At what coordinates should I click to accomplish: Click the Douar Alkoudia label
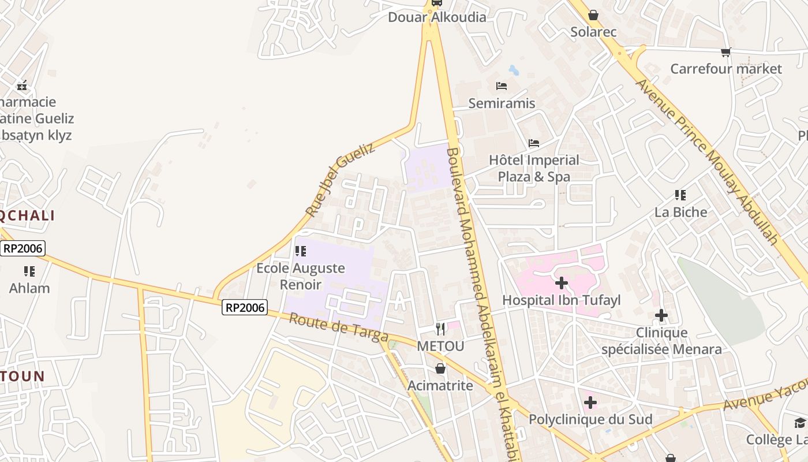click(x=437, y=17)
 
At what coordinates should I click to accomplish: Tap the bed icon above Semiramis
click(x=502, y=86)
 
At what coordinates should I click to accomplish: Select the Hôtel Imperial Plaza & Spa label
click(x=534, y=168)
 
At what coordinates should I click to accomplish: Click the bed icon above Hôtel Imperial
click(x=534, y=143)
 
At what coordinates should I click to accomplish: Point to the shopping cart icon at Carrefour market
click(x=726, y=52)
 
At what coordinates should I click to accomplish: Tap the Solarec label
click(x=593, y=32)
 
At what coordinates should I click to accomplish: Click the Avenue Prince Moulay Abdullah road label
click(x=708, y=161)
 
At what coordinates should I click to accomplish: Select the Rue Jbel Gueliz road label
click(x=340, y=180)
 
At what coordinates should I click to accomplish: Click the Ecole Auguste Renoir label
click(x=301, y=276)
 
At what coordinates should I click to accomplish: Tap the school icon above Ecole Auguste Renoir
click(x=300, y=251)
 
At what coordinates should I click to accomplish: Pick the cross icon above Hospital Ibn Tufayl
click(x=561, y=283)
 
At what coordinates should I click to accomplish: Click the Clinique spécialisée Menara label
click(x=661, y=341)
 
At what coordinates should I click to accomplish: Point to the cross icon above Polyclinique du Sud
click(x=590, y=402)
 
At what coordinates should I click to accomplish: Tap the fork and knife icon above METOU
click(x=441, y=329)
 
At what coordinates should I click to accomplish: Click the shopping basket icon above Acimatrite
click(x=440, y=368)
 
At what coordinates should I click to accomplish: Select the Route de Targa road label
click(x=338, y=327)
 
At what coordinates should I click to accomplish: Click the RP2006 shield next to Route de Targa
click(x=245, y=308)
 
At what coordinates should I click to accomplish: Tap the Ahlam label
click(x=29, y=288)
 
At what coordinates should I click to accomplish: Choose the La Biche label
click(x=680, y=212)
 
